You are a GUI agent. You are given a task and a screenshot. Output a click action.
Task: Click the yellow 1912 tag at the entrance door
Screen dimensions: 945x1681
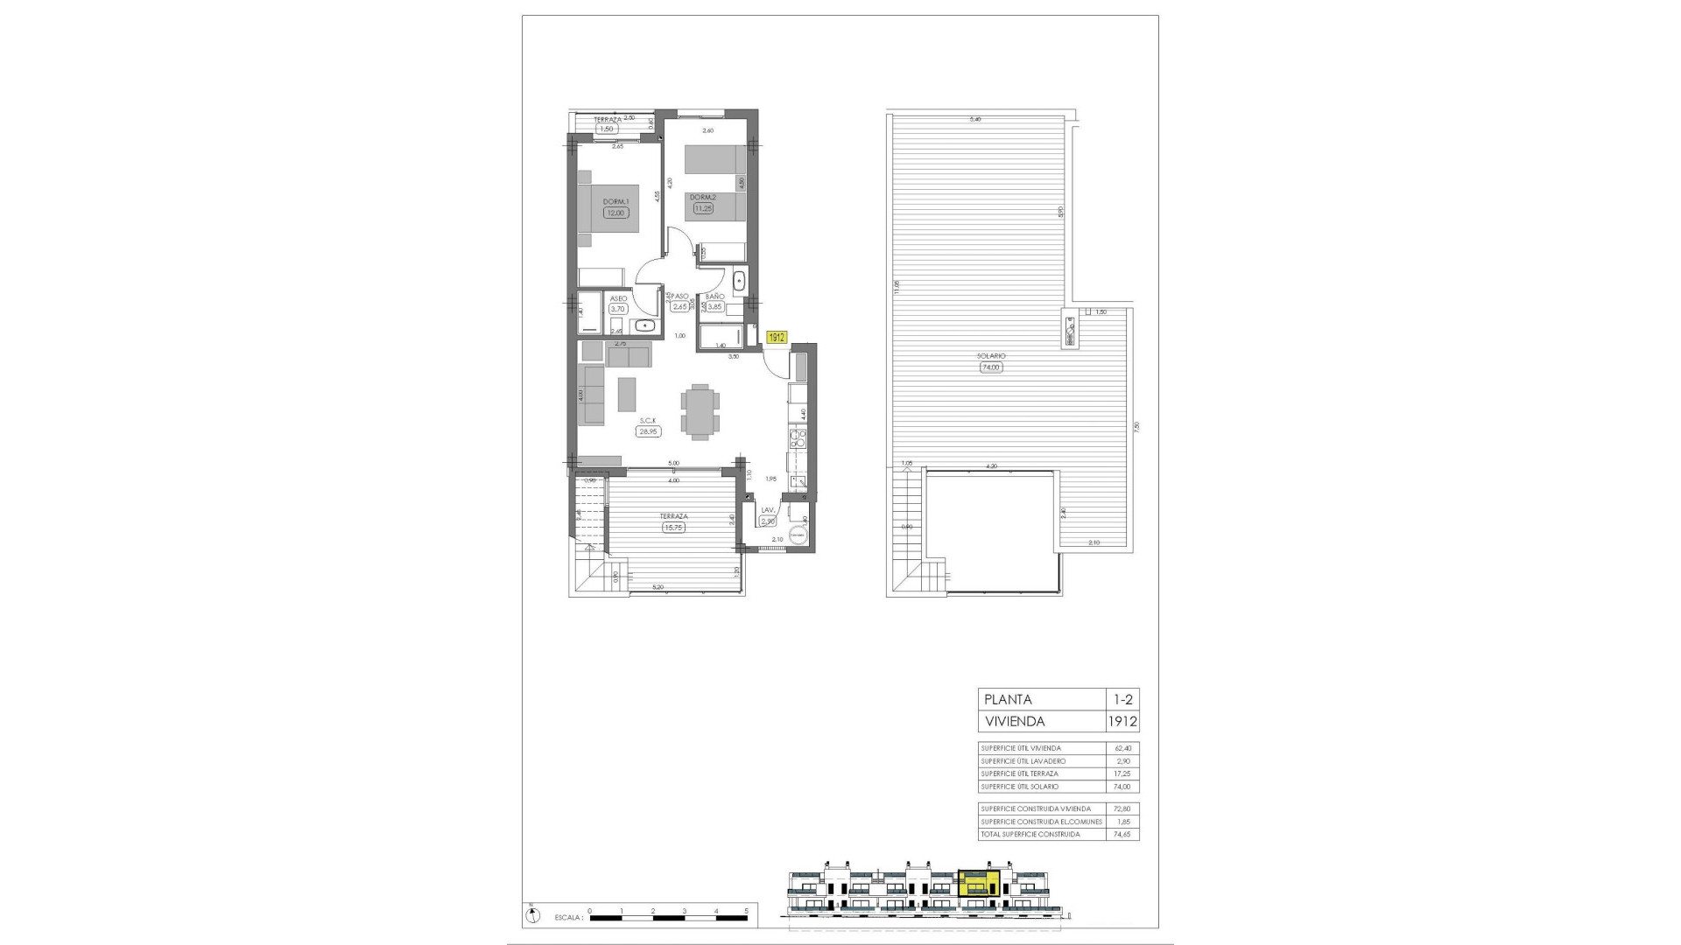point(777,337)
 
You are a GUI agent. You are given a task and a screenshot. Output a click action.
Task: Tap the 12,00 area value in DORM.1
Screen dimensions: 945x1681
point(615,213)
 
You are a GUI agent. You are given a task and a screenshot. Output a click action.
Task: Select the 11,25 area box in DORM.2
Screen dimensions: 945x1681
point(703,208)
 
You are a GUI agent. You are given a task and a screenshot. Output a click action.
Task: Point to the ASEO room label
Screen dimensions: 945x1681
point(618,298)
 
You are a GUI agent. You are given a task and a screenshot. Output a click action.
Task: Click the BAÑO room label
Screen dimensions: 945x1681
point(714,297)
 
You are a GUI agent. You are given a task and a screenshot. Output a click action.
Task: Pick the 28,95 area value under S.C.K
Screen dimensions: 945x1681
point(648,431)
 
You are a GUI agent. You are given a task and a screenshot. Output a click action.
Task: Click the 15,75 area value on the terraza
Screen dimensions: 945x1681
point(673,527)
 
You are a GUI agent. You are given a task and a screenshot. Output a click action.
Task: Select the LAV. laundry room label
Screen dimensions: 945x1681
point(769,510)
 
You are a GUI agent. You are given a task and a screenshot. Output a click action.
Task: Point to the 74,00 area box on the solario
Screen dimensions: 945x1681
point(991,367)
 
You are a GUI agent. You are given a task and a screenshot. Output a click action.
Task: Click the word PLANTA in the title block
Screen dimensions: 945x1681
point(1009,699)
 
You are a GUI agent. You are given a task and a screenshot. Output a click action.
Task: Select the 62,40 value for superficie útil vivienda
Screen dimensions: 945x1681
point(1123,748)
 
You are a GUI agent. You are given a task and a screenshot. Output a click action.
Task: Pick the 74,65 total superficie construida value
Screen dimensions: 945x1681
point(1123,834)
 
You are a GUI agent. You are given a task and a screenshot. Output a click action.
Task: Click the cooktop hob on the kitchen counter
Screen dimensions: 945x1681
point(797,437)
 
